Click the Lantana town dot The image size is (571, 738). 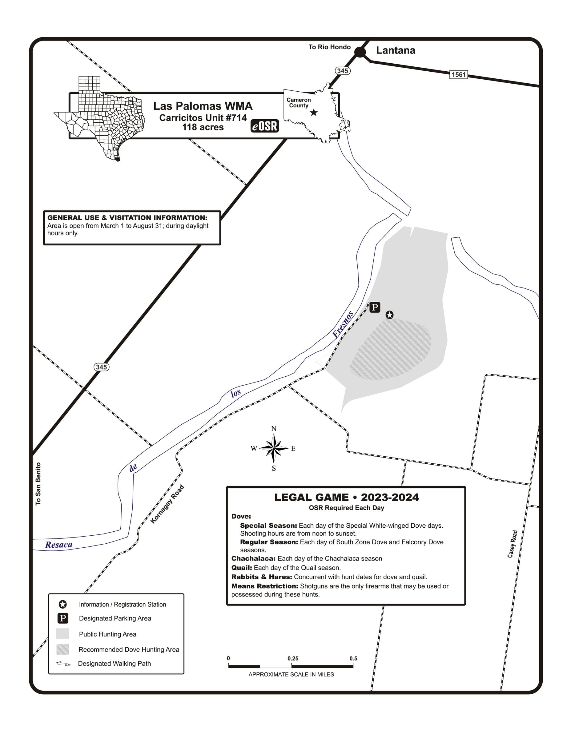tap(360, 52)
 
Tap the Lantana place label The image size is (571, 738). tap(396, 50)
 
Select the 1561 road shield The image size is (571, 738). tap(458, 74)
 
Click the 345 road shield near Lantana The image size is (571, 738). tap(343, 71)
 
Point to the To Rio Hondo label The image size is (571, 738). tap(329, 47)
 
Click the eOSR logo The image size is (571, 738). tap(264, 126)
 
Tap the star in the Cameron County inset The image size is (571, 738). tap(314, 113)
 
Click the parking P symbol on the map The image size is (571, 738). tap(375, 307)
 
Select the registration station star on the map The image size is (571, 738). tap(389, 315)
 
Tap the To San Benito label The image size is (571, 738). tap(38, 484)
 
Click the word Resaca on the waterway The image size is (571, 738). tap(59, 545)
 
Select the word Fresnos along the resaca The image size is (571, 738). tap(343, 324)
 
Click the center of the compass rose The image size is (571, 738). tap(274, 448)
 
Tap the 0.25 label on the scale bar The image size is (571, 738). tap(293, 658)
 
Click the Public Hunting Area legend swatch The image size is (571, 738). tap(62, 633)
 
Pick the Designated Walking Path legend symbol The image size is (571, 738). tap(63, 664)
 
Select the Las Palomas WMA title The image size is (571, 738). tap(203, 106)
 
